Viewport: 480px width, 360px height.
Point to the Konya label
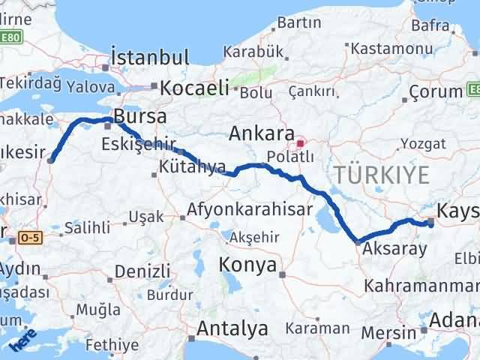point(247,265)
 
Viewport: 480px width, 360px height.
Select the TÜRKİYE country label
point(382,175)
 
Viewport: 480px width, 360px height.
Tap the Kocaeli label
point(194,88)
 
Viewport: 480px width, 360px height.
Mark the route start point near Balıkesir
point(50,159)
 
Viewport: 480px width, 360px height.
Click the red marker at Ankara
point(300,142)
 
